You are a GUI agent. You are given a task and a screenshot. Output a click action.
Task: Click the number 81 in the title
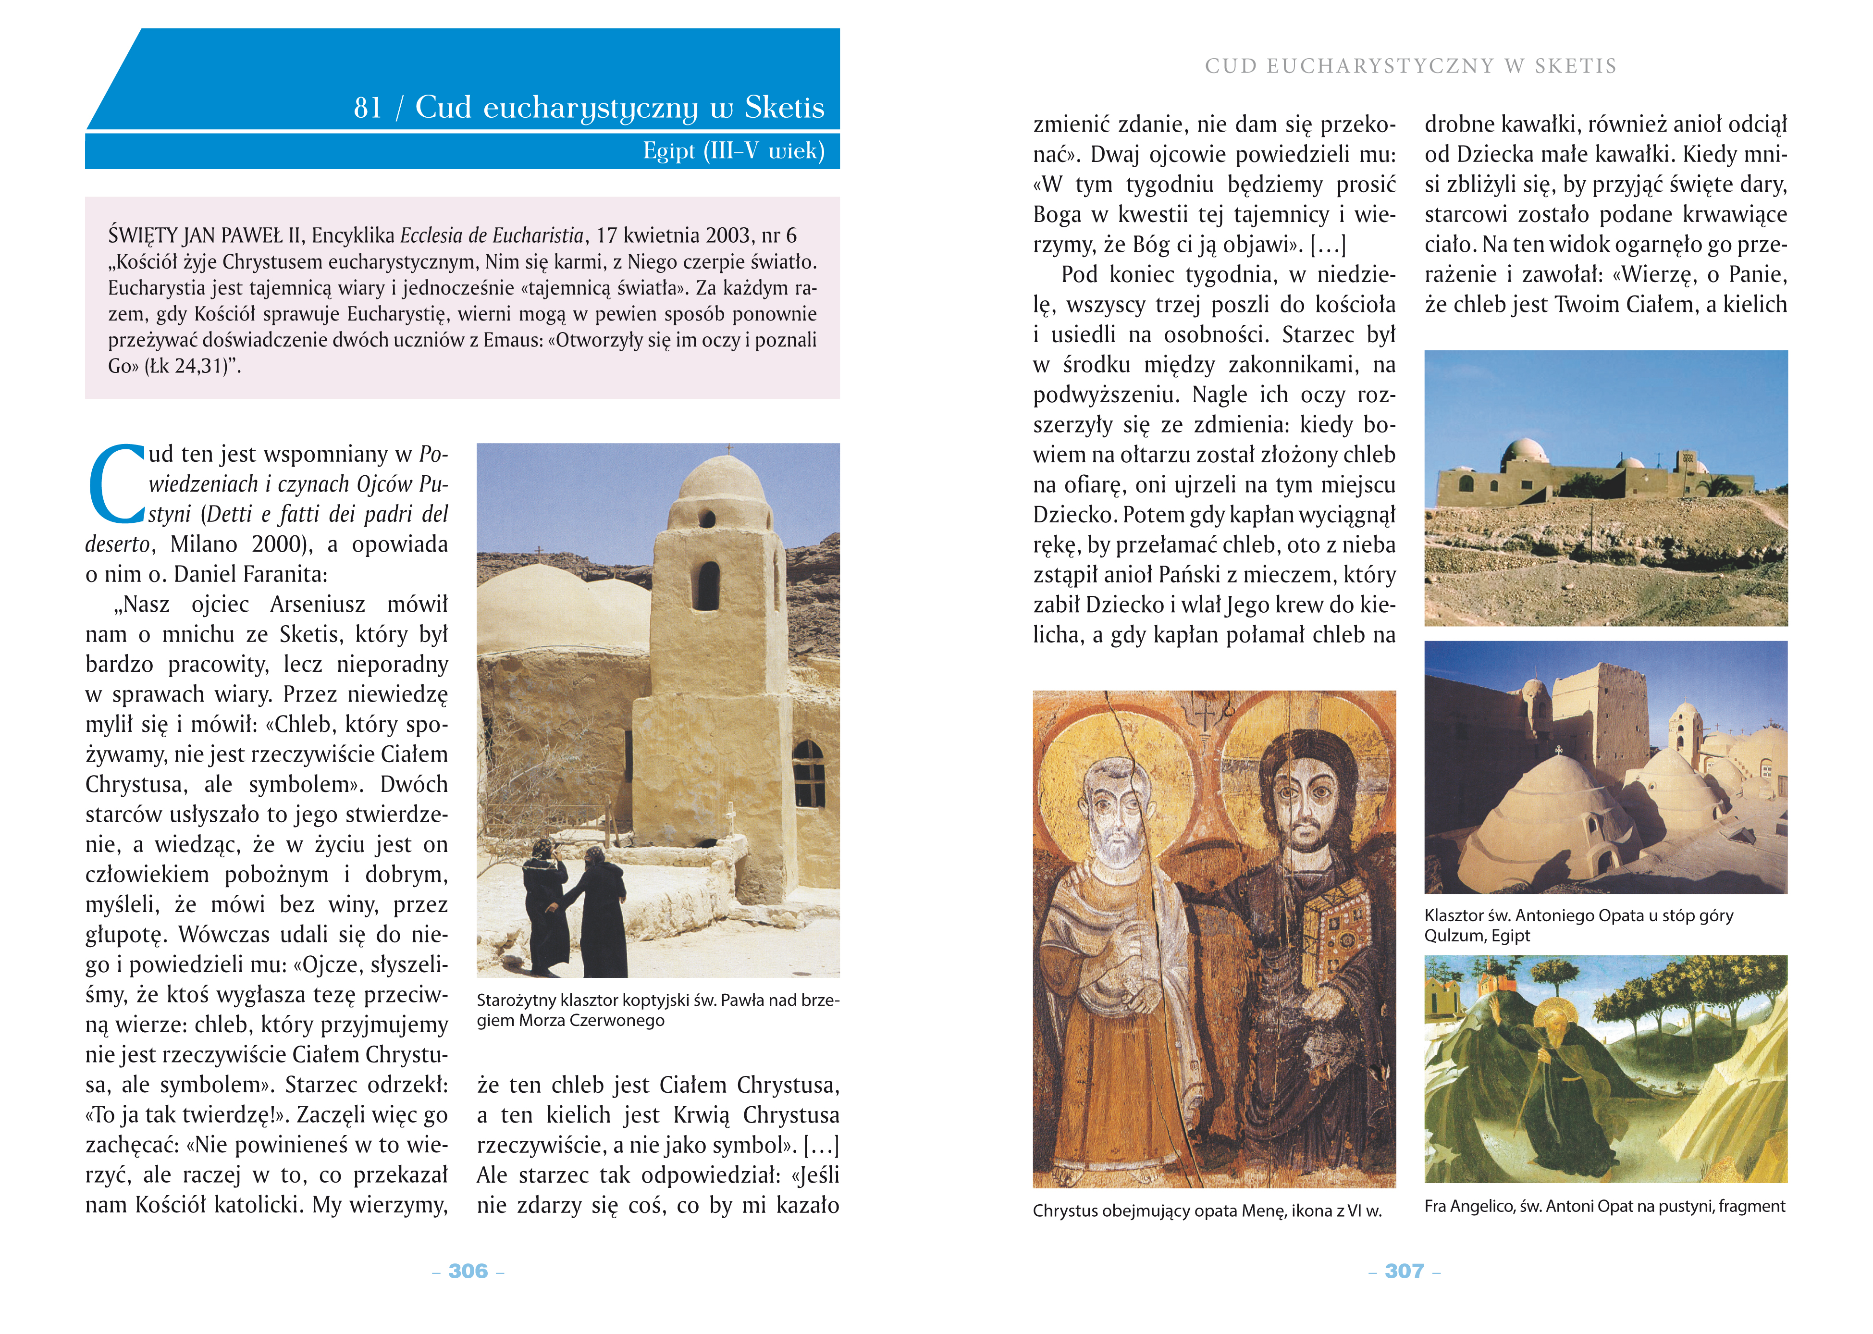coord(368,108)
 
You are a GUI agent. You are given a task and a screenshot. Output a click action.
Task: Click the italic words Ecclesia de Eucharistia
coord(491,236)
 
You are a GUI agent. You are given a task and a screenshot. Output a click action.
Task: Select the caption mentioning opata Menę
coord(1207,1211)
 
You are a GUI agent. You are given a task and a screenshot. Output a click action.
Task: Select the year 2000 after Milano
coord(277,544)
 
